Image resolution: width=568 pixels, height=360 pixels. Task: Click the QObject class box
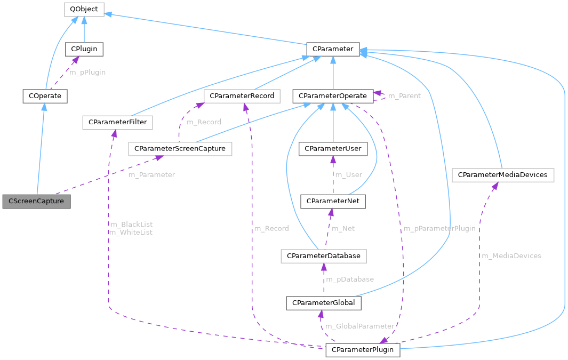pos(84,9)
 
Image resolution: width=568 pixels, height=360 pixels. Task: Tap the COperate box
pos(45,96)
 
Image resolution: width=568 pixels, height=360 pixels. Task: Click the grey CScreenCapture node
pos(36,202)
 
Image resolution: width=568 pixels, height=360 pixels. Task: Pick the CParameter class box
pos(333,49)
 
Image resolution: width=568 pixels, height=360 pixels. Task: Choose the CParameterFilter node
pos(117,122)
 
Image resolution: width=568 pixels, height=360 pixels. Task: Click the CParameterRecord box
pos(242,96)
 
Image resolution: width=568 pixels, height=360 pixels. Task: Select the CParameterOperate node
pos(333,96)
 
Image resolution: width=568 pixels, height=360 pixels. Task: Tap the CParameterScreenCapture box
pos(180,148)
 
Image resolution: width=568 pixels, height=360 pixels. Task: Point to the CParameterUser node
pos(333,148)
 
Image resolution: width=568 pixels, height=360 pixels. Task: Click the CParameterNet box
pos(333,201)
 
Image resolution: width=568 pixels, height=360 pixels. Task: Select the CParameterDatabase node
pos(323,256)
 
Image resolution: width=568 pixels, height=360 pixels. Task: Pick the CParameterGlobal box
pos(324,303)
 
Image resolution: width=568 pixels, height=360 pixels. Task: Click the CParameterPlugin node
pos(362,350)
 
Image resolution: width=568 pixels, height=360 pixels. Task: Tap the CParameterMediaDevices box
pos(502,174)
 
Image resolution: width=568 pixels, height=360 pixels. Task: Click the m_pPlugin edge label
pos(87,72)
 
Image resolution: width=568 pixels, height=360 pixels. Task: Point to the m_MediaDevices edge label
pos(511,256)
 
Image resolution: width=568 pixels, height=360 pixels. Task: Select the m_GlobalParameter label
pos(359,326)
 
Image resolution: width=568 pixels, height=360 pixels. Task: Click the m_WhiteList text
pos(130,233)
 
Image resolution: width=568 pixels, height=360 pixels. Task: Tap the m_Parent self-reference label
pos(404,96)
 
